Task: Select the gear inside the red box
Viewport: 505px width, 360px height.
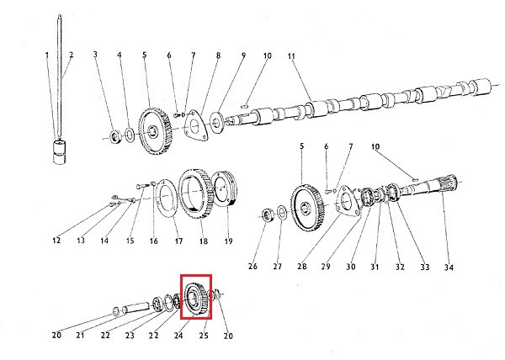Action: coord(196,296)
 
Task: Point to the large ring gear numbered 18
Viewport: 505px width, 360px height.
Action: coord(194,195)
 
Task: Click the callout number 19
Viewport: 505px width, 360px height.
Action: coord(228,241)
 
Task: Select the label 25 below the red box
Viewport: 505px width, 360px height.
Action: coord(203,335)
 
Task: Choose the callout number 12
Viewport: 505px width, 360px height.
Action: coord(57,241)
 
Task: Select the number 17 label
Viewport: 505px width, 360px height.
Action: coord(178,241)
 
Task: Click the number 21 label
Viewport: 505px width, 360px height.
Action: coord(81,335)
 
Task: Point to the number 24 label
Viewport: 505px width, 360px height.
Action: coord(178,335)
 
